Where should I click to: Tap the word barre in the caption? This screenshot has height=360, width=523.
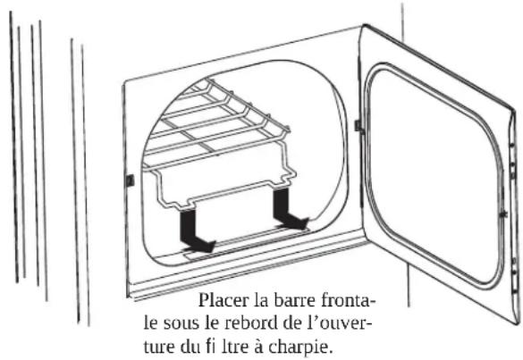click(x=291, y=301)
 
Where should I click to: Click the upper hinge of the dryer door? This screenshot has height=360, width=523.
click(x=359, y=126)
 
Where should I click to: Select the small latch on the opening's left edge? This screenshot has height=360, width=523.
click(x=131, y=180)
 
